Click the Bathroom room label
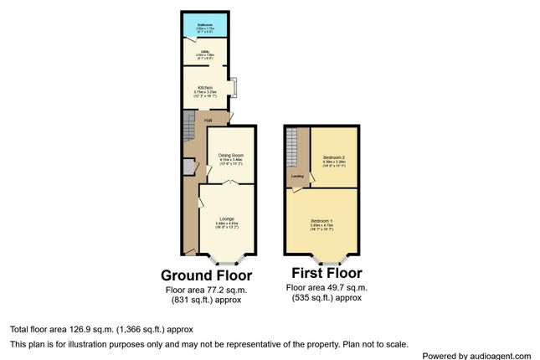pos(205,24)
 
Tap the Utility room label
pos(205,53)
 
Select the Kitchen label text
pos(205,87)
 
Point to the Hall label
pos(208,120)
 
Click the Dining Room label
pos(231,155)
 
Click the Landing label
pos(297,176)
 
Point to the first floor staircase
pos(291,148)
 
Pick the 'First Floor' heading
pos(327,273)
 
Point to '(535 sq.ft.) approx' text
pos(327,297)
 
